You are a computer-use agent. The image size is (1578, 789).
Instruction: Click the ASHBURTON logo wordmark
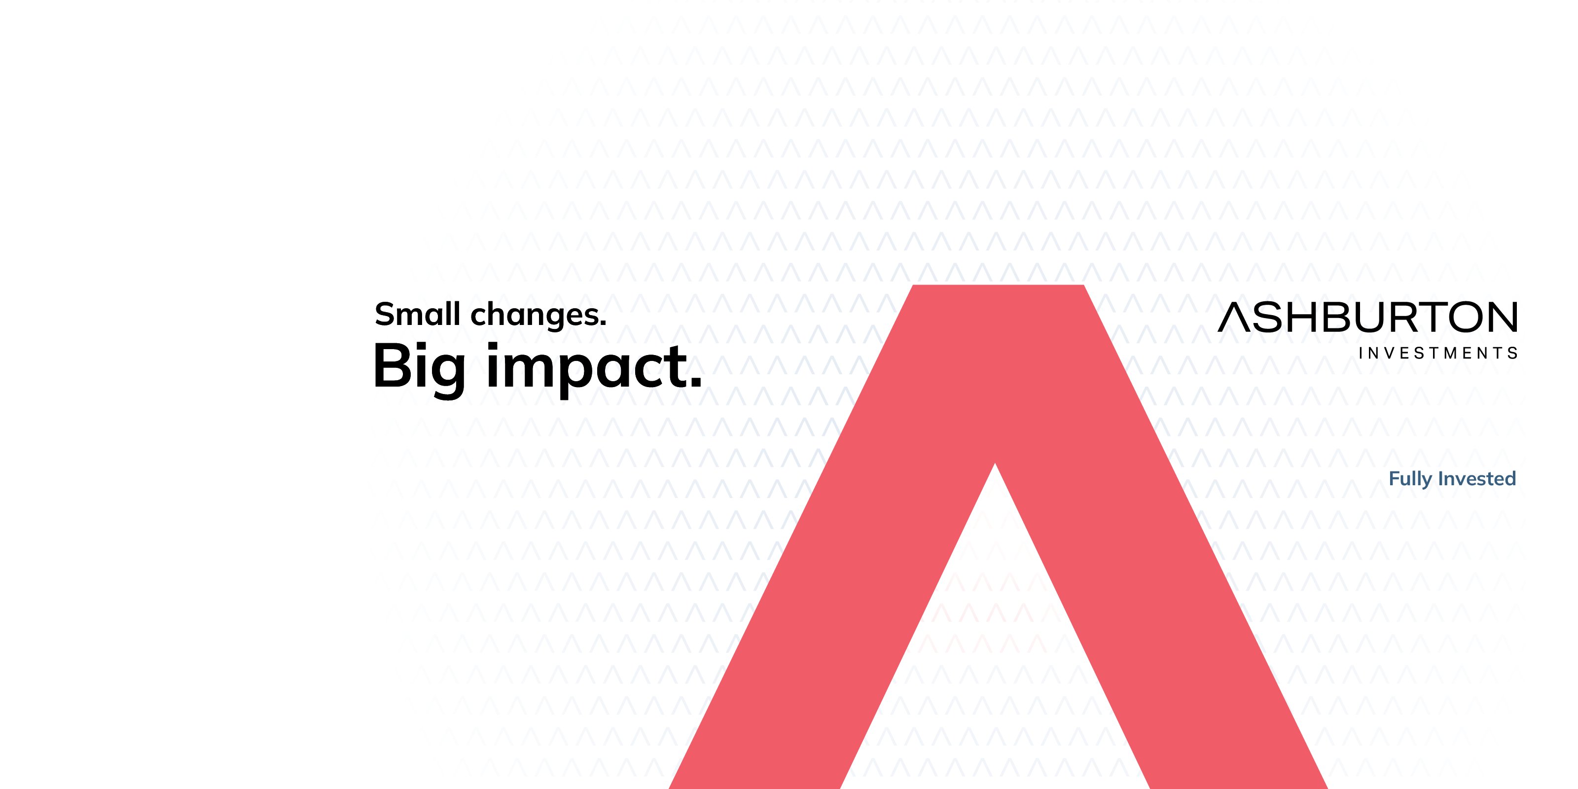[1367, 317]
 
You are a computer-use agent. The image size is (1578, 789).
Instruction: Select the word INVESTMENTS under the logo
[1438, 354]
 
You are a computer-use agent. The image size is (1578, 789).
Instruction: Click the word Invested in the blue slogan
[1477, 478]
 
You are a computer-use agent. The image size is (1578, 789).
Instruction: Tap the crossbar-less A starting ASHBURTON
[1234, 317]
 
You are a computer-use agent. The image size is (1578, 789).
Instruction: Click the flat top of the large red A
[999, 286]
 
